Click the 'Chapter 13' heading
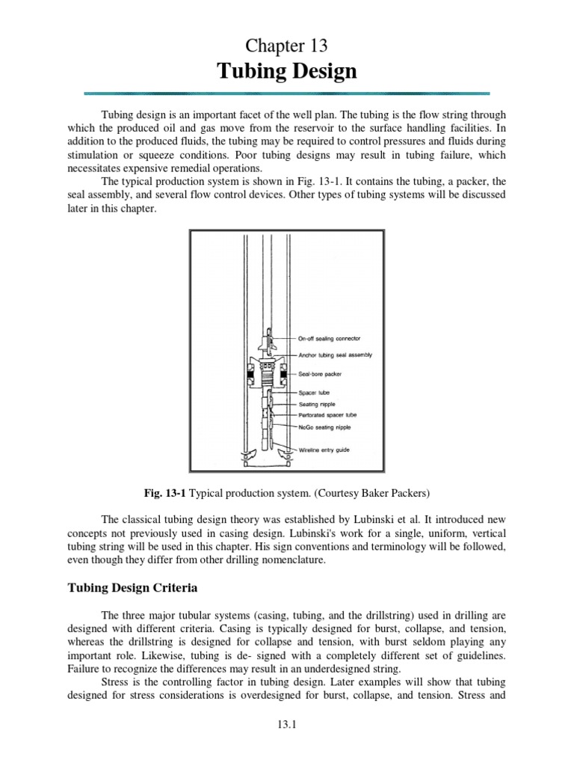(287, 46)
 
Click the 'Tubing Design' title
(287, 72)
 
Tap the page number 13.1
(287, 744)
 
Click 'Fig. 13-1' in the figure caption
(165, 494)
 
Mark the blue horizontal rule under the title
(287, 93)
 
